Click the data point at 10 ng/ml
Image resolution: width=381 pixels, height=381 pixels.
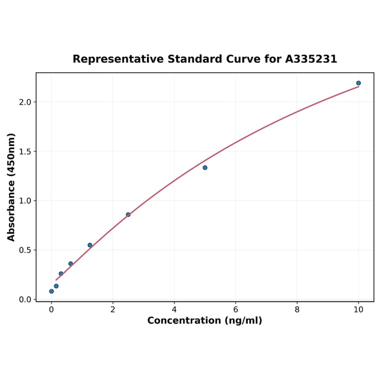pos(358,83)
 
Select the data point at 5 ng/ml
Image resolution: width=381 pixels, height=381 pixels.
pos(205,168)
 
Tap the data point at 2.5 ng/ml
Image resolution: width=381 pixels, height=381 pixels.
pos(128,214)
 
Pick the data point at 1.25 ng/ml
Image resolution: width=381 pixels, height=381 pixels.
pos(90,245)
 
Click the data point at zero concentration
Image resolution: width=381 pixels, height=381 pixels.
pos(51,291)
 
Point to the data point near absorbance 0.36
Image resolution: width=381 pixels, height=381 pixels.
pos(71,264)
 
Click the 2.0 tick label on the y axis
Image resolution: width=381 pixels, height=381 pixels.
pos(25,102)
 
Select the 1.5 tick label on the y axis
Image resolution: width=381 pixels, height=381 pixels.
pos(25,152)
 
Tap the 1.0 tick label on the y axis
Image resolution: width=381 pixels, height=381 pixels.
pos(25,201)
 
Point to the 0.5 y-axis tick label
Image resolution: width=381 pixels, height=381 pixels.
pos(25,250)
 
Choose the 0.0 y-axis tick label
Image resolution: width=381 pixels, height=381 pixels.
pos(25,300)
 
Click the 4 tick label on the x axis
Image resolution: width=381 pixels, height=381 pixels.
pos(174,310)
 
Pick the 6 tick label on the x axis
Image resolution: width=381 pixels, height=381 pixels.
pos(235,310)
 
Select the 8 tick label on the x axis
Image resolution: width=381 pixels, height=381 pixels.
pos(297,310)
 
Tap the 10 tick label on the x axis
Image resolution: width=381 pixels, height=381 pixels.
pos(359,310)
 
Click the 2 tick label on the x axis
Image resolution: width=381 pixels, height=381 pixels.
pos(113,310)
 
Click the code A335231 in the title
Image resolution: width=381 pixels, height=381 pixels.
pos(311,59)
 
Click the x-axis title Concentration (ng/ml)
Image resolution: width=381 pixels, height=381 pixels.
pos(204,321)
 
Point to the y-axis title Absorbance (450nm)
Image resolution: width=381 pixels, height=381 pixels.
pos(11,187)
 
